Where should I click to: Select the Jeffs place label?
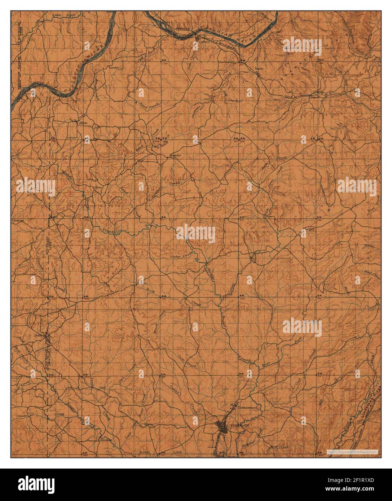38,335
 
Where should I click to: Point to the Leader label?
114,67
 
